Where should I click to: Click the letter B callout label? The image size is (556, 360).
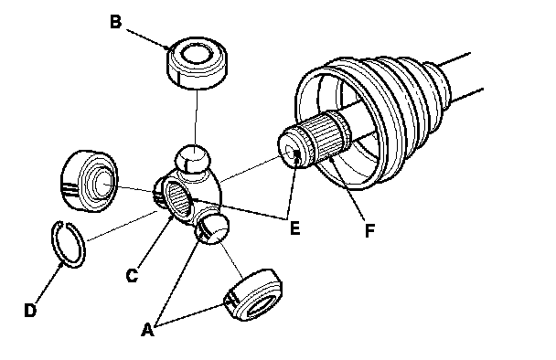pos(115,21)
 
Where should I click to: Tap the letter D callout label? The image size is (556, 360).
pos(30,311)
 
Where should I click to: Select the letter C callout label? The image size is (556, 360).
pos(132,275)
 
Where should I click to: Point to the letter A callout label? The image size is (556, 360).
pos(148,330)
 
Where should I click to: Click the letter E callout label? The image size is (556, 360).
pos(295,228)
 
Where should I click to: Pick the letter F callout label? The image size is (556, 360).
pos(369,230)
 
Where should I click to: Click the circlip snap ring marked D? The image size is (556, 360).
pos(69,245)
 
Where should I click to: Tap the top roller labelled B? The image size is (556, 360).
pos(197,62)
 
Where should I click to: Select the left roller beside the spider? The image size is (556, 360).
pos(89,181)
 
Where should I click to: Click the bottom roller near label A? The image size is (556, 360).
pos(253,295)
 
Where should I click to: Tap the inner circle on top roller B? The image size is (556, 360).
pos(197,53)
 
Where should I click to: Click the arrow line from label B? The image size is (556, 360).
pos(148,39)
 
